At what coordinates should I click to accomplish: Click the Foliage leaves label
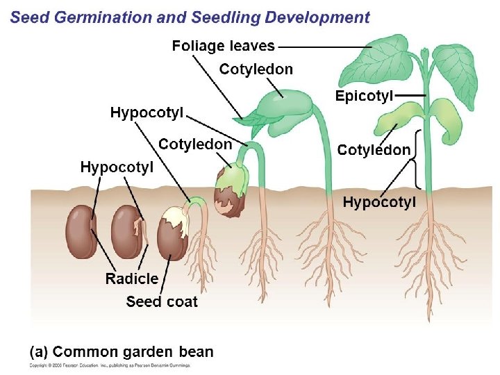(x=223, y=47)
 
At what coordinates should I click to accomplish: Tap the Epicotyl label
(x=364, y=96)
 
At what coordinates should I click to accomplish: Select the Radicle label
(x=131, y=279)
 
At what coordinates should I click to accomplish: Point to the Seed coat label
(x=162, y=301)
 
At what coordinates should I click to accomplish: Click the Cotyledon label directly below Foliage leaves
(x=256, y=69)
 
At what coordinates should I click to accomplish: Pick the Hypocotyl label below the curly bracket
(x=379, y=202)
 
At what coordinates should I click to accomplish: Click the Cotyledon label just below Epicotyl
(x=374, y=149)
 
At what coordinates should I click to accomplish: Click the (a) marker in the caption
(x=39, y=351)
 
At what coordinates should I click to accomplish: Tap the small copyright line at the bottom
(x=110, y=365)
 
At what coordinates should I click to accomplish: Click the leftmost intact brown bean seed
(x=81, y=233)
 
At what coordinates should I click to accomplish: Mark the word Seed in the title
(x=28, y=18)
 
